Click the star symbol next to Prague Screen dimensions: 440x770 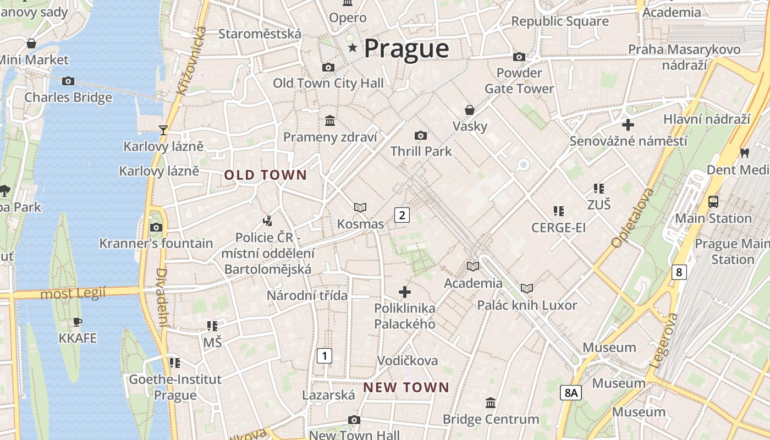(x=353, y=48)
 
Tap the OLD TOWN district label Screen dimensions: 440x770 (x=265, y=175)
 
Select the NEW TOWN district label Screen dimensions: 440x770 (x=406, y=387)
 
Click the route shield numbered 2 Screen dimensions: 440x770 (x=402, y=215)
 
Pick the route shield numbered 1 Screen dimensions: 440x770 (x=324, y=356)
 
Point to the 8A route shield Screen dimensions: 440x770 (x=571, y=393)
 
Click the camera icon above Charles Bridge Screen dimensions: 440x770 (x=68, y=81)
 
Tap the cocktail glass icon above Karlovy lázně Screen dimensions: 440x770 (x=163, y=130)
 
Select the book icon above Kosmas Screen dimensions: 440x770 (x=360, y=207)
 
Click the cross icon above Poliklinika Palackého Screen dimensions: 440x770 (x=405, y=292)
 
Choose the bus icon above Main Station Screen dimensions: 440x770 (x=713, y=202)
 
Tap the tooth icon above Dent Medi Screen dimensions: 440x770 (x=745, y=153)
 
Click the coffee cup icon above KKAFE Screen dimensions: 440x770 (x=78, y=322)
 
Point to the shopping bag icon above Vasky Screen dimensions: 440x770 (x=470, y=110)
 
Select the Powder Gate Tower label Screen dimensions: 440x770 (x=519, y=80)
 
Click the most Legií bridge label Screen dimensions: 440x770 (x=73, y=294)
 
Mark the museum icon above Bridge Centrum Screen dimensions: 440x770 (x=491, y=403)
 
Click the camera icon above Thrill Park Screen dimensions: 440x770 (x=421, y=135)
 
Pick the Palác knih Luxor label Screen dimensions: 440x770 (x=526, y=305)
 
